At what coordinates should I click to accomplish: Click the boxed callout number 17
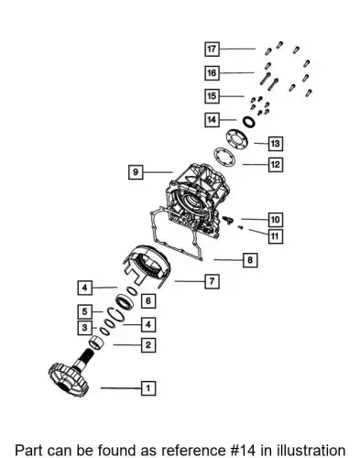pos(212,49)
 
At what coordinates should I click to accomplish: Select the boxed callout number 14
pos(212,119)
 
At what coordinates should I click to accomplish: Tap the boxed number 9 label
pos(136,172)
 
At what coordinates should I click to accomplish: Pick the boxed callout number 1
pos(148,388)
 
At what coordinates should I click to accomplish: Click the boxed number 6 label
pos(148,300)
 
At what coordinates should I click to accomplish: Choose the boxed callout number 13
pos(276,144)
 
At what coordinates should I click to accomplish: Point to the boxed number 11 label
pos(276,236)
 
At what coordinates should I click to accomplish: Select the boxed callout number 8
pos(250,260)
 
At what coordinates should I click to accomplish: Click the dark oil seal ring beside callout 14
pos(249,122)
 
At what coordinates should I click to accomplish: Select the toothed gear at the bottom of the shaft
pos(68,379)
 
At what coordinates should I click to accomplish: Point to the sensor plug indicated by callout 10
pos(227,219)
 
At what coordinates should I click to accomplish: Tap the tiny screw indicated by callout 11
pos(240,227)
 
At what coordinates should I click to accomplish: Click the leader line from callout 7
pos(190,281)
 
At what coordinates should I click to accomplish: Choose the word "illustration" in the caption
pos(311,450)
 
